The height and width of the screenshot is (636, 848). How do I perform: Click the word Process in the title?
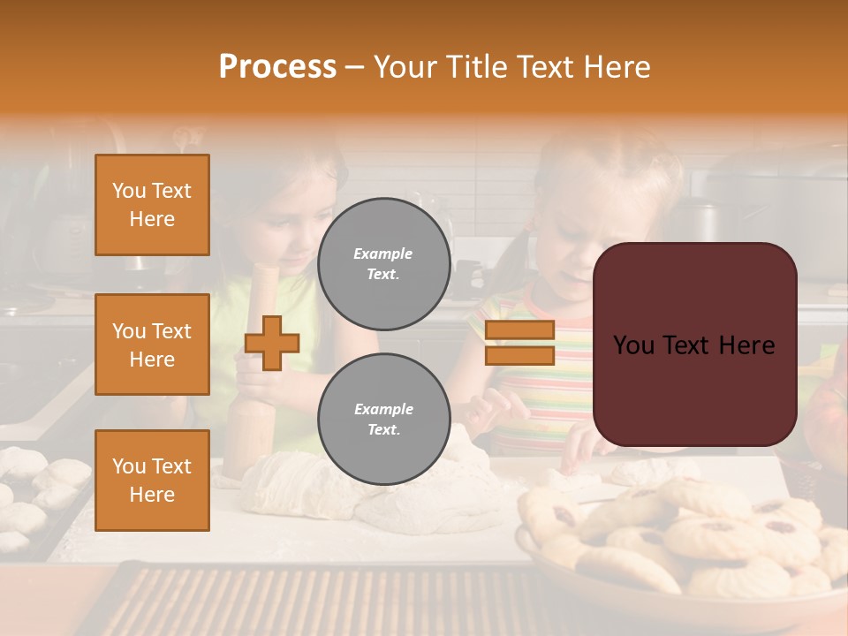[x=277, y=67]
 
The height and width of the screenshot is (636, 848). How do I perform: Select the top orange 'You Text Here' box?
[x=152, y=205]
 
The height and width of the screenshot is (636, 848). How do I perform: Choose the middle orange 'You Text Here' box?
[x=152, y=344]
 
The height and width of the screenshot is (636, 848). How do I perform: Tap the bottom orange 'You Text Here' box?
[x=152, y=481]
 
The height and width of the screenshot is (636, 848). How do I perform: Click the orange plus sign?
[x=272, y=343]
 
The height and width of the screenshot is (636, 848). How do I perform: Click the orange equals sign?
[x=520, y=343]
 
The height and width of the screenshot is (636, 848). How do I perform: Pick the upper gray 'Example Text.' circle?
[x=383, y=263]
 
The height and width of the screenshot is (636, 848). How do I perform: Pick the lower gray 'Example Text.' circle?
[x=383, y=419]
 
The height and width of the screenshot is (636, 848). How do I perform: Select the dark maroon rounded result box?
[x=694, y=344]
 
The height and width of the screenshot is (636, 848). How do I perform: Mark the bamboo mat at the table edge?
[x=336, y=601]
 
